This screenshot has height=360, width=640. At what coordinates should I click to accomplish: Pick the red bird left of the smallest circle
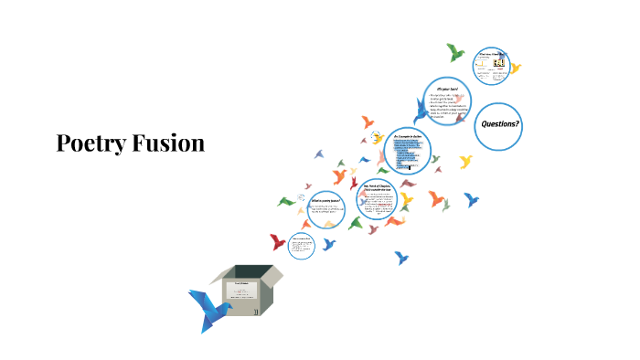click(277, 242)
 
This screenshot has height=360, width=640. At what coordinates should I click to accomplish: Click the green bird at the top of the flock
click(454, 51)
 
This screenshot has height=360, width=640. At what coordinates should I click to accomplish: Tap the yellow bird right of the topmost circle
click(515, 68)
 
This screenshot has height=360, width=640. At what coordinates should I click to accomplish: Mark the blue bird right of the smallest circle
click(327, 244)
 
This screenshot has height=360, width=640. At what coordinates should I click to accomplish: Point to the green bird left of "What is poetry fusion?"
click(286, 201)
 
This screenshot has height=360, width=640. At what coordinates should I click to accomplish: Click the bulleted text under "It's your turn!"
click(449, 107)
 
